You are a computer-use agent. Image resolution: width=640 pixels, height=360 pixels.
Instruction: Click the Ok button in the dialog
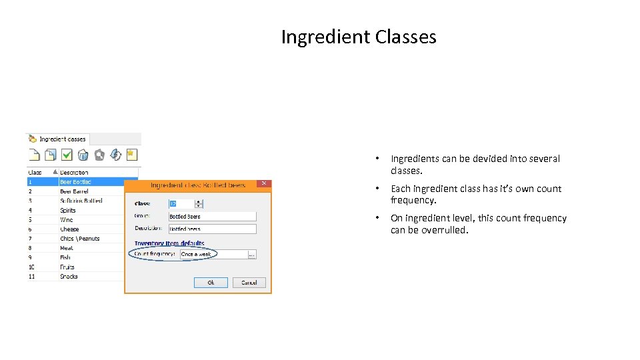211,283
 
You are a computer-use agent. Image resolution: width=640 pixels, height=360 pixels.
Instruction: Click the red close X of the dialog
264,183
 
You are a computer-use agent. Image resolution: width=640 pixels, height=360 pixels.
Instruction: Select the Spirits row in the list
68,210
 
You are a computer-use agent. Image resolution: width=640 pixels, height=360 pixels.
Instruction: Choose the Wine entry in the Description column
67,219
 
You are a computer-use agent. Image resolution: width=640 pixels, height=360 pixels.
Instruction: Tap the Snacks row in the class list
69,276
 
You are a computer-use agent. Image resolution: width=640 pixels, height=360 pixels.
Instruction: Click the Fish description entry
65,257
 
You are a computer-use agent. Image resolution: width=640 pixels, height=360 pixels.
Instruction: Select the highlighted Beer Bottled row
75,181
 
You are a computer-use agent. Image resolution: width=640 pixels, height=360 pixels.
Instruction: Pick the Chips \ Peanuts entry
79,238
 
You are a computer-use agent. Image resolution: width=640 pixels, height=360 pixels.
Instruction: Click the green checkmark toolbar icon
67,155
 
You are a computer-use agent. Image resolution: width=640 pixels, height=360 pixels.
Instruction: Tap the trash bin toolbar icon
83,155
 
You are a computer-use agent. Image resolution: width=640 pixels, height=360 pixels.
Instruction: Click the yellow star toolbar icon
131,155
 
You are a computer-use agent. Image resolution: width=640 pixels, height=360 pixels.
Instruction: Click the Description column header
74,172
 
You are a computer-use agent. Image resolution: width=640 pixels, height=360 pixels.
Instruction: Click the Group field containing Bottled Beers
211,217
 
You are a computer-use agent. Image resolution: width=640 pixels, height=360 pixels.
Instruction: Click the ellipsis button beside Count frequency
252,254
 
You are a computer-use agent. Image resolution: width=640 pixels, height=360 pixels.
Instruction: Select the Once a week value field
213,254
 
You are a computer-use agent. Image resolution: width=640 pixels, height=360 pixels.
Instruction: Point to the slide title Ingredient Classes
359,37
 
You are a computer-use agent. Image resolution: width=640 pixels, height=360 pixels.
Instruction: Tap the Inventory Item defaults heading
169,243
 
